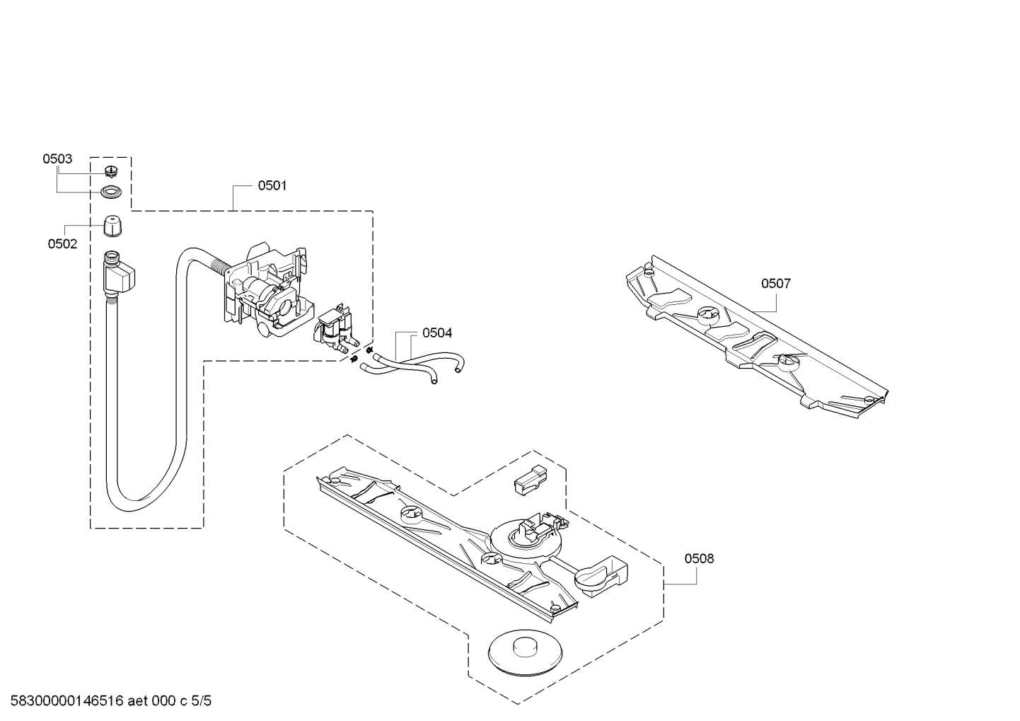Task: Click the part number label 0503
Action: (x=57, y=159)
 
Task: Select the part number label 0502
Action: (x=62, y=244)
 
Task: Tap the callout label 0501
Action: (x=272, y=186)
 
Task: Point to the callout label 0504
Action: (x=436, y=333)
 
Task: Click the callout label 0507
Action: (x=775, y=284)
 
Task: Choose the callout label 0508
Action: (x=699, y=559)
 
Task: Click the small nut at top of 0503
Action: (x=110, y=171)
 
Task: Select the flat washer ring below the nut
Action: (x=111, y=192)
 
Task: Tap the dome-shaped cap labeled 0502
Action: (x=112, y=228)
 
